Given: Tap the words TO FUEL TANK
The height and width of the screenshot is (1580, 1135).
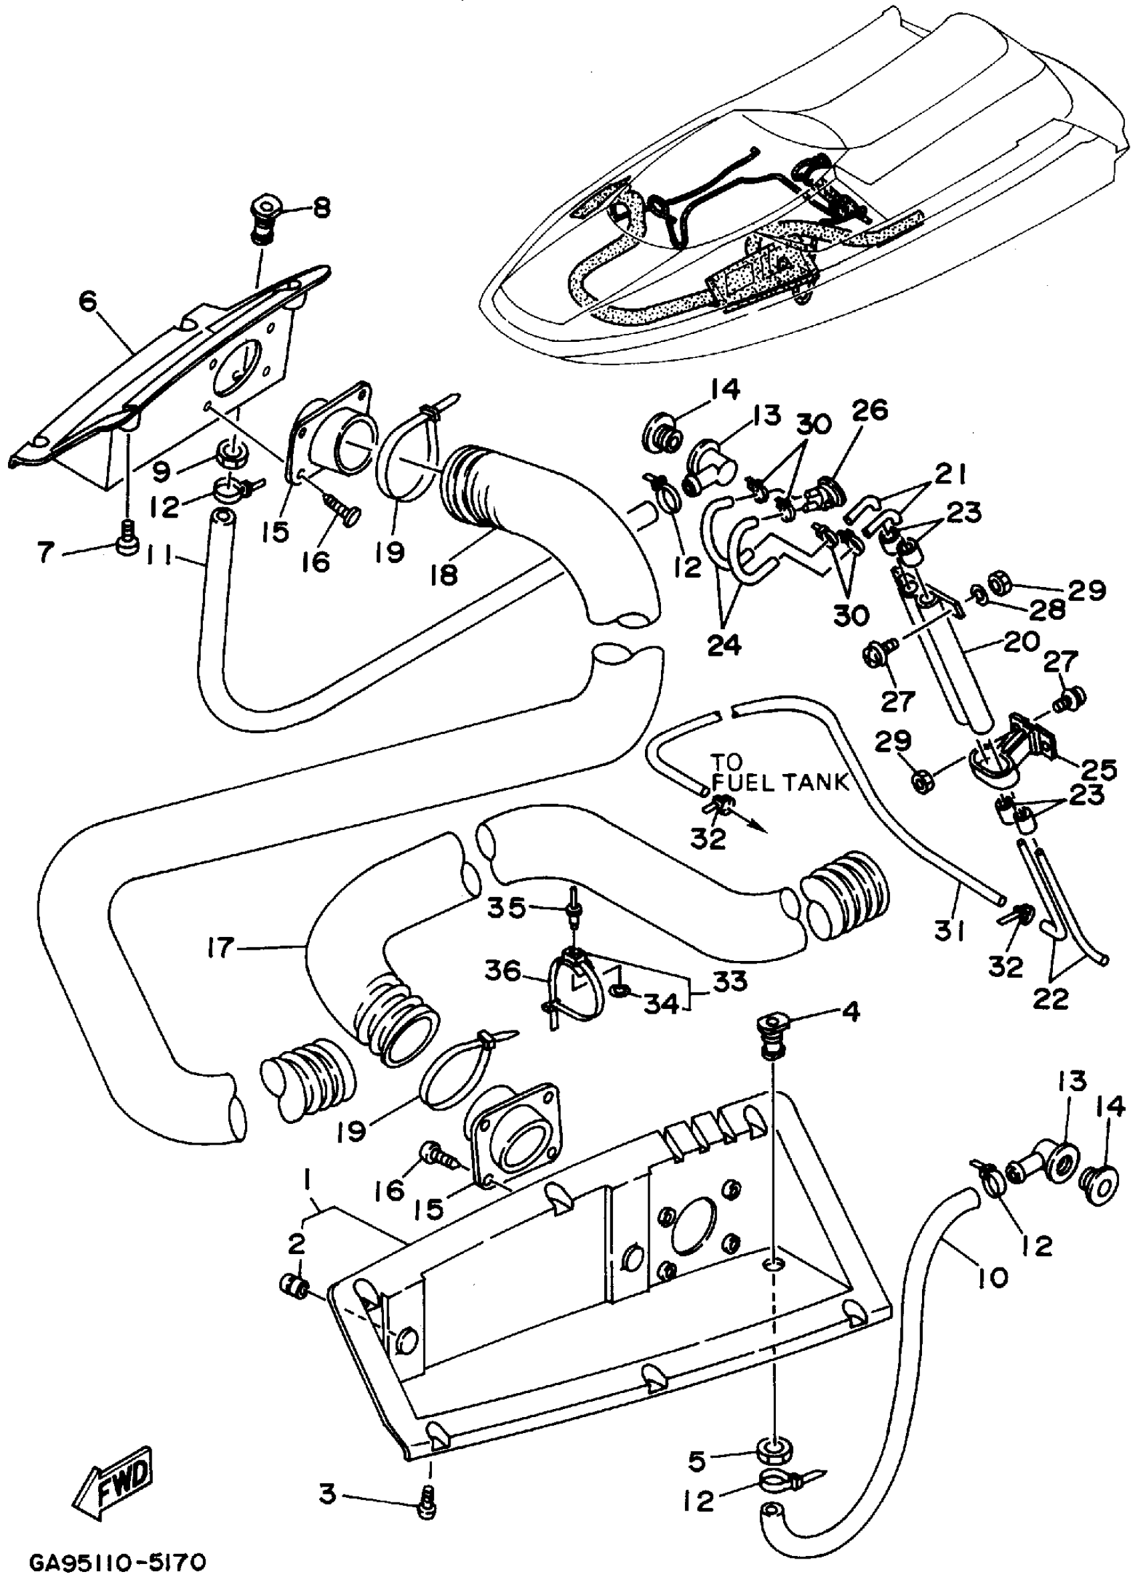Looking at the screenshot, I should (x=778, y=773).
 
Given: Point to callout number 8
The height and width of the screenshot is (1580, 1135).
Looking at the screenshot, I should (x=321, y=208).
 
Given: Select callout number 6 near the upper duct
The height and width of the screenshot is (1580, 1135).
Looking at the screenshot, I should (x=88, y=302).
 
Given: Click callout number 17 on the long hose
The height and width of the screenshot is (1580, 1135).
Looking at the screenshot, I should (x=221, y=948).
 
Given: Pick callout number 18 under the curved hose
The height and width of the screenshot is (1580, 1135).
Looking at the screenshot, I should (x=444, y=575).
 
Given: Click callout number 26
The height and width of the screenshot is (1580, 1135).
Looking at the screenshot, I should (x=869, y=411).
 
